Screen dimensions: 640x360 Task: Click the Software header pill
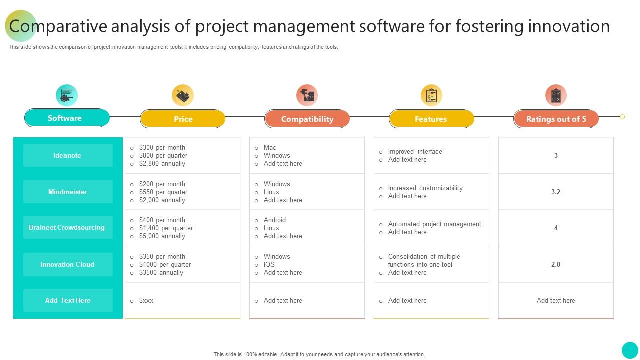(x=67, y=118)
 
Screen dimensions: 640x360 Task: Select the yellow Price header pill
(x=183, y=119)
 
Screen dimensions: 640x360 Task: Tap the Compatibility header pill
(x=307, y=119)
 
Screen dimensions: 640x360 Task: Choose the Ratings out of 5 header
(x=556, y=119)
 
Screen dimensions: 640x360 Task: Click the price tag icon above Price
(x=183, y=95)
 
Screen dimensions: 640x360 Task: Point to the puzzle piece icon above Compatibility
(x=307, y=95)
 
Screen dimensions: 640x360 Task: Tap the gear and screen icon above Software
(x=67, y=95)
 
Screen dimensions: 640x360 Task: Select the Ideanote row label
(x=68, y=155)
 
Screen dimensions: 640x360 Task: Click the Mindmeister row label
(x=68, y=191)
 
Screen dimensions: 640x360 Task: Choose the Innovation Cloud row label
(x=68, y=264)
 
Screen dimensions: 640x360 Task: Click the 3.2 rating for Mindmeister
(x=556, y=192)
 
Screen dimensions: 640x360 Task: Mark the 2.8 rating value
(x=556, y=264)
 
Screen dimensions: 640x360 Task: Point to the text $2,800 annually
(x=162, y=164)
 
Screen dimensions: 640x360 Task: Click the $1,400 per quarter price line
(x=166, y=228)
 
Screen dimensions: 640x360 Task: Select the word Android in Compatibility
(x=275, y=220)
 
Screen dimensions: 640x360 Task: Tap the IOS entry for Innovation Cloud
(x=269, y=265)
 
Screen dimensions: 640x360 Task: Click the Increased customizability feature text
(x=425, y=188)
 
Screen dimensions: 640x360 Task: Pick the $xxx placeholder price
(x=146, y=301)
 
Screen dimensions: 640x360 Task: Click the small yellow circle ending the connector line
(x=622, y=117)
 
